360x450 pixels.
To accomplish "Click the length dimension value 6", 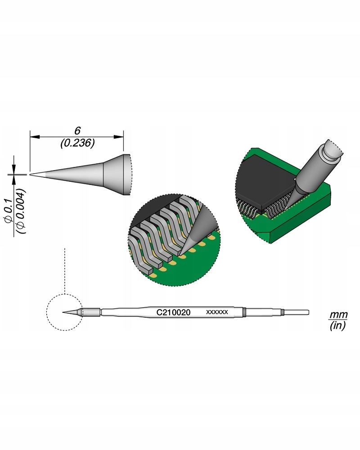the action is (77, 131).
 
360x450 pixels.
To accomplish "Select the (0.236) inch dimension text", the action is (77, 143).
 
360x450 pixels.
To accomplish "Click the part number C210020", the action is (173, 312).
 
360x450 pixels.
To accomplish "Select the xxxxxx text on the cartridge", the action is (217, 312).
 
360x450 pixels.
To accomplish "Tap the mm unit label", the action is (338, 315).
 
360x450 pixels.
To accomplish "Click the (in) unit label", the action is (338, 326).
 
